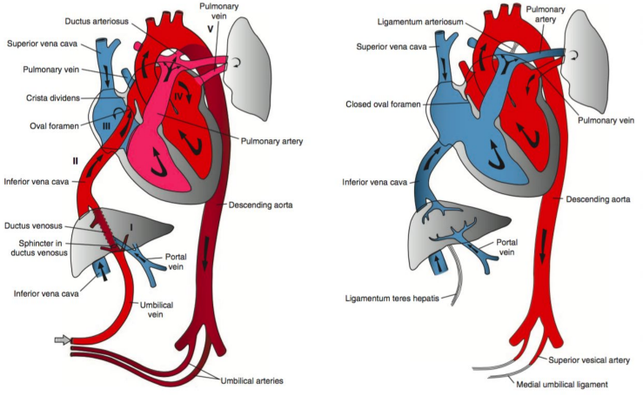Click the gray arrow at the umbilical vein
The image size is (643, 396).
pos(61,340)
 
